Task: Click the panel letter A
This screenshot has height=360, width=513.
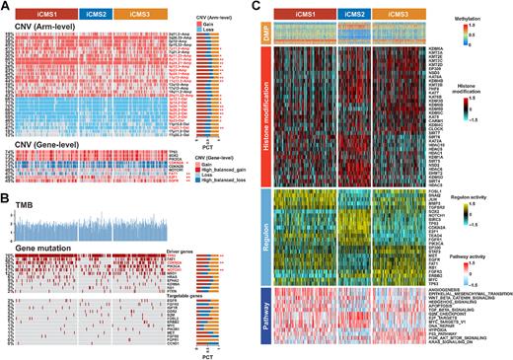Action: click(x=5, y=6)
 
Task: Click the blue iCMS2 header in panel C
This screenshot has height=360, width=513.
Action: click(x=349, y=12)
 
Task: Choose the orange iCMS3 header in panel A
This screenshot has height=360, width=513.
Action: click(x=134, y=11)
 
